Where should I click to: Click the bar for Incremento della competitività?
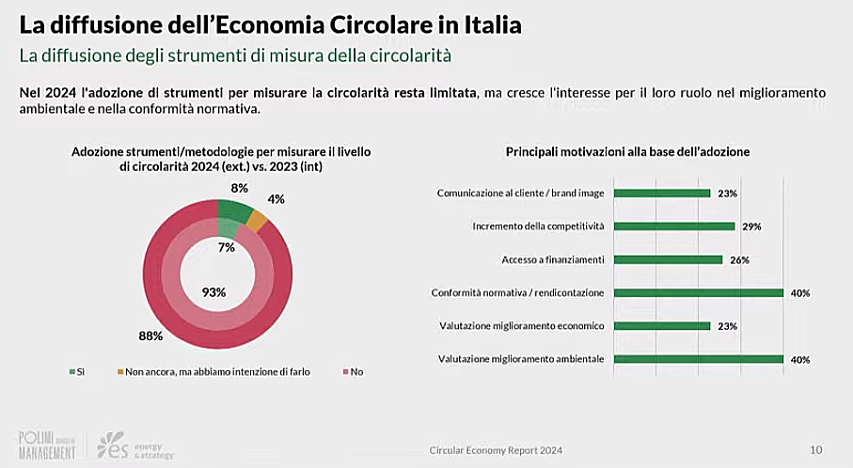(673, 226)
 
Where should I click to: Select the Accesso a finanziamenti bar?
(668, 259)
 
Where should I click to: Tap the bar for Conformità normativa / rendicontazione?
(698, 292)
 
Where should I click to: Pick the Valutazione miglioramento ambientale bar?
(698, 358)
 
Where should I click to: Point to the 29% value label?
(750, 226)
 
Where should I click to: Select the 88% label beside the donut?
(151, 335)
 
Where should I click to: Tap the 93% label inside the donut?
(214, 291)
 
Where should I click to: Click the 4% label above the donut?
(276, 199)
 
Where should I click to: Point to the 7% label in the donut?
(226, 247)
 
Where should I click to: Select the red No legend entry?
(350, 371)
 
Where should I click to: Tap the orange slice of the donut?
(256, 220)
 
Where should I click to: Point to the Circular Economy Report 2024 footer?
(495, 450)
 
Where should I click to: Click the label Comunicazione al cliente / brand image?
(520, 194)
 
